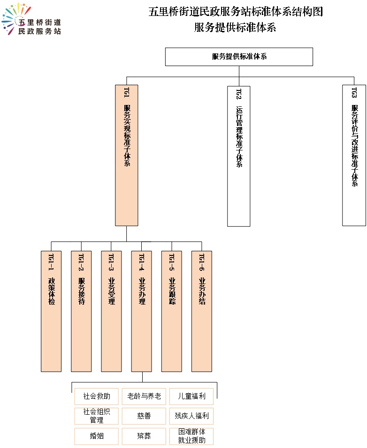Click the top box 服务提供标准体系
(x=239, y=57)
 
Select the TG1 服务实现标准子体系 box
(x=127, y=155)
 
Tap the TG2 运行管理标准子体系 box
(x=238, y=156)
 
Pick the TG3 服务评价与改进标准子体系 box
(x=354, y=156)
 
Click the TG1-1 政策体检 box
(x=51, y=311)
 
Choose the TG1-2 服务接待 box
(x=81, y=311)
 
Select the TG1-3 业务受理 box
(x=111, y=311)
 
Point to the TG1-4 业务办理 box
(x=142, y=311)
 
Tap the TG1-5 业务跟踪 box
(x=172, y=311)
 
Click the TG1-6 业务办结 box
(x=202, y=311)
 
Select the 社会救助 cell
(x=97, y=396)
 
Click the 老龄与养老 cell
(x=144, y=396)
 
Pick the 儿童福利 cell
(x=191, y=396)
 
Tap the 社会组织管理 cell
(x=97, y=416)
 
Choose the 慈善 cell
(x=144, y=416)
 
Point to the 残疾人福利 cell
(x=191, y=416)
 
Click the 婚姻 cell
(x=97, y=436)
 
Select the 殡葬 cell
(x=144, y=436)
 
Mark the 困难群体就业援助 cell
(x=191, y=436)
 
